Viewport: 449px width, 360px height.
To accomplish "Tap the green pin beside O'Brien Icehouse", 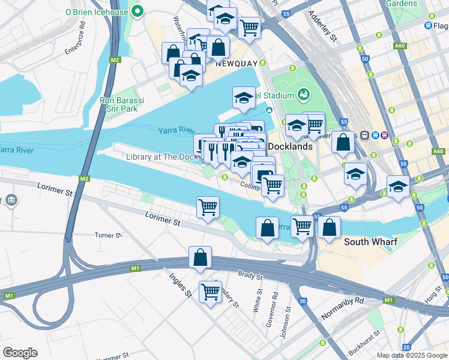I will (x=138, y=10).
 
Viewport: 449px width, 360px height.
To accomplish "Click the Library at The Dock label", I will (x=162, y=157).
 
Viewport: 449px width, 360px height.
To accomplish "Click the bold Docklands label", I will (x=290, y=146).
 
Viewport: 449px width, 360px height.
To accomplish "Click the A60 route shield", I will (x=400, y=46).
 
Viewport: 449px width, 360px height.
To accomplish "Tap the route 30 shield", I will (x=303, y=301).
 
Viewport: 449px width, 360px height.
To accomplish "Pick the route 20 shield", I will (x=406, y=347).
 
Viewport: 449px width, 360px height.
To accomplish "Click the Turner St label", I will (x=109, y=235).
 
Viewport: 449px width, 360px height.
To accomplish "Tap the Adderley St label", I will (x=322, y=26).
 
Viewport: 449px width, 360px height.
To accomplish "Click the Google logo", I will (x=20, y=353).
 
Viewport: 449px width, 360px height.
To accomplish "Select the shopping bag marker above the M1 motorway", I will (x=200, y=257).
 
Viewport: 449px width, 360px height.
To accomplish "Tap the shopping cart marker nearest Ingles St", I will (x=210, y=292).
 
